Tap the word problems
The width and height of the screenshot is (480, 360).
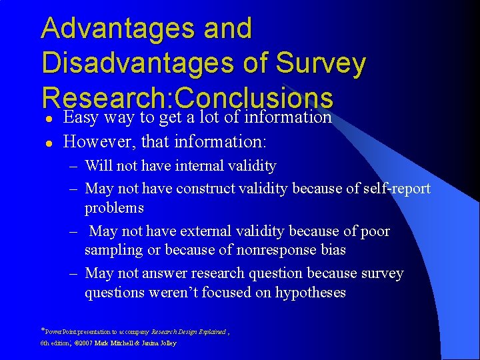point(114,208)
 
